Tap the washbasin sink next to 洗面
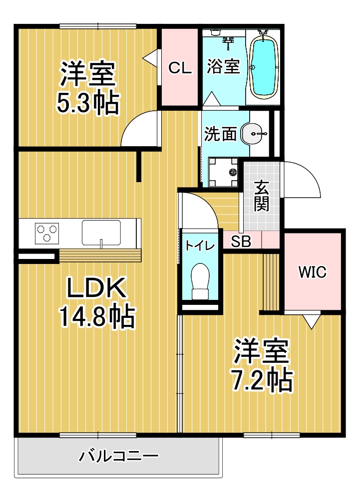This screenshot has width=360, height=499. tap(254, 133)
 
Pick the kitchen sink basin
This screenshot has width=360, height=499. tap(101, 233)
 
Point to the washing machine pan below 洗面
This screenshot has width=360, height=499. tap(223, 172)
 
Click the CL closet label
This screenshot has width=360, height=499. tap(180, 68)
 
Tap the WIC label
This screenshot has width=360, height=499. tap(312, 272)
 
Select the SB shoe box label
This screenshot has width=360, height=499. tap(241, 242)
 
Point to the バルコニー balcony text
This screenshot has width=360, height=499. tap(118, 457)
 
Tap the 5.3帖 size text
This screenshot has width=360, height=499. tap(88, 103)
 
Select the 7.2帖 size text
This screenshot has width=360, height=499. tap(262, 380)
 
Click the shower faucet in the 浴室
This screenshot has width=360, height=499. tap(228, 42)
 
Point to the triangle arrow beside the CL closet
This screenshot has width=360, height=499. tap(150, 57)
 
